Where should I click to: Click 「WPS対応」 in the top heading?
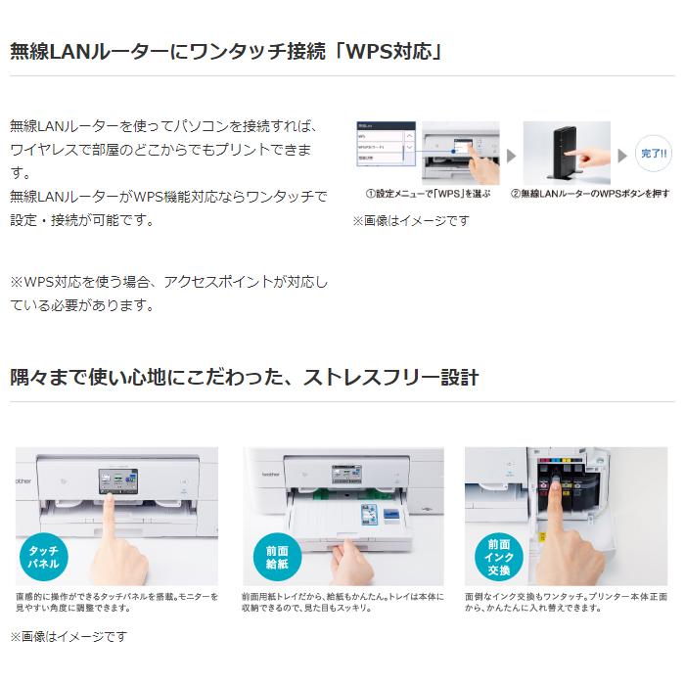(x=388, y=50)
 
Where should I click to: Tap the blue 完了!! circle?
(x=652, y=155)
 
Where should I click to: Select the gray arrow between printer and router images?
(x=510, y=156)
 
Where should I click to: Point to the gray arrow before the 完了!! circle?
(x=622, y=156)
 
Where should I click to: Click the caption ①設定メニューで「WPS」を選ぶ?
(x=427, y=195)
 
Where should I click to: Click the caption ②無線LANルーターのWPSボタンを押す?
(x=590, y=195)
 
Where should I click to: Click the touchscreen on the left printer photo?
(x=114, y=481)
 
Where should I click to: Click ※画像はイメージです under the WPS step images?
(x=411, y=221)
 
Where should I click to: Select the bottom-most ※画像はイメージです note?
(x=68, y=636)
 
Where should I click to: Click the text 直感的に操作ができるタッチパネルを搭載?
(x=108, y=596)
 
